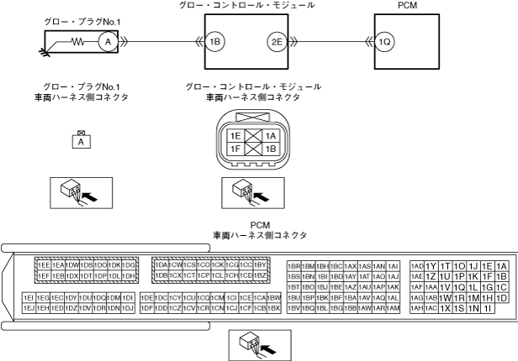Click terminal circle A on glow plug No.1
click(106, 40)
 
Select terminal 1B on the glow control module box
click(216, 40)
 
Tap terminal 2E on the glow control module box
click(276, 40)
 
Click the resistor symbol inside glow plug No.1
click(80, 40)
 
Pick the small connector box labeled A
click(82, 142)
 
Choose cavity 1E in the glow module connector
click(236, 135)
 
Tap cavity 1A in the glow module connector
click(271, 135)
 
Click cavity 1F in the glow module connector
click(236, 149)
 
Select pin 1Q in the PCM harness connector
click(459, 286)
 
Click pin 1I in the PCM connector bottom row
click(488, 308)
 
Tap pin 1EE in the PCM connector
click(44, 265)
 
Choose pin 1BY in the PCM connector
click(261, 265)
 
